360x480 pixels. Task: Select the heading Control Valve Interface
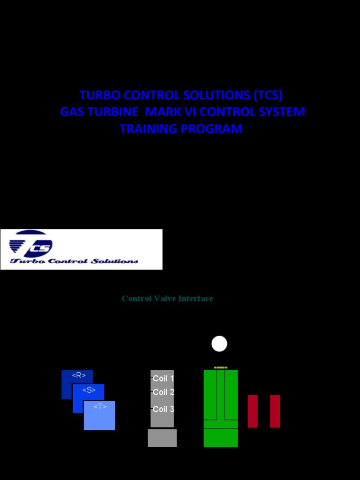pyautogui.click(x=167, y=299)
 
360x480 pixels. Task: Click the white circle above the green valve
pyautogui.click(x=219, y=344)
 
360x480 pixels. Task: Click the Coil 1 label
pyautogui.click(x=163, y=378)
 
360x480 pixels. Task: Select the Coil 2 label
pyautogui.click(x=163, y=392)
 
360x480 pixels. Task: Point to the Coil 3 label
pyautogui.click(x=163, y=409)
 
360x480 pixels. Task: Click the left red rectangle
pyautogui.click(x=253, y=411)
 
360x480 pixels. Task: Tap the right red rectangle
pyautogui.click(x=275, y=411)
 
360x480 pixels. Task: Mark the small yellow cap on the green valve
pyautogui.click(x=221, y=367)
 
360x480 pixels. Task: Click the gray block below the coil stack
pyautogui.click(x=162, y=438)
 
